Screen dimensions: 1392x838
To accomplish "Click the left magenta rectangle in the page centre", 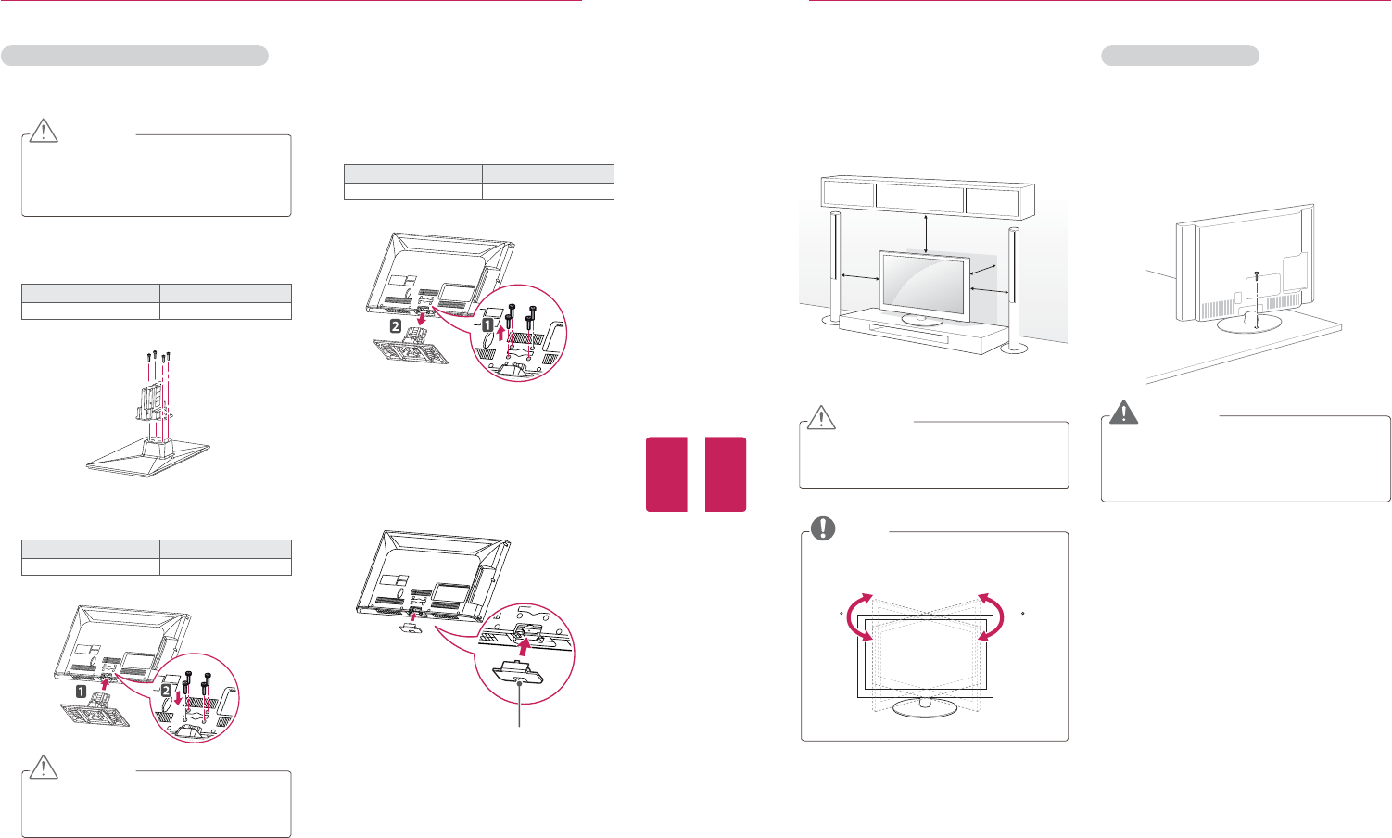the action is [666, 474].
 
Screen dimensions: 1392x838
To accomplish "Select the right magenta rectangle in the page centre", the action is [725, 474].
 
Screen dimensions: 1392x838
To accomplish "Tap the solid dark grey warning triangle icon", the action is [1124, 412].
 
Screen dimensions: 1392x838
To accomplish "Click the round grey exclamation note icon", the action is [822, 528].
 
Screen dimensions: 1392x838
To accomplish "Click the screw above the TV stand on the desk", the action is [1257, 275].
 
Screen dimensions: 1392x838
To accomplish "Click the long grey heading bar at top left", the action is [135, 56].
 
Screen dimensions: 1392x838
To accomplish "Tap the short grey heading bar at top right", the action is [1180, 56].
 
